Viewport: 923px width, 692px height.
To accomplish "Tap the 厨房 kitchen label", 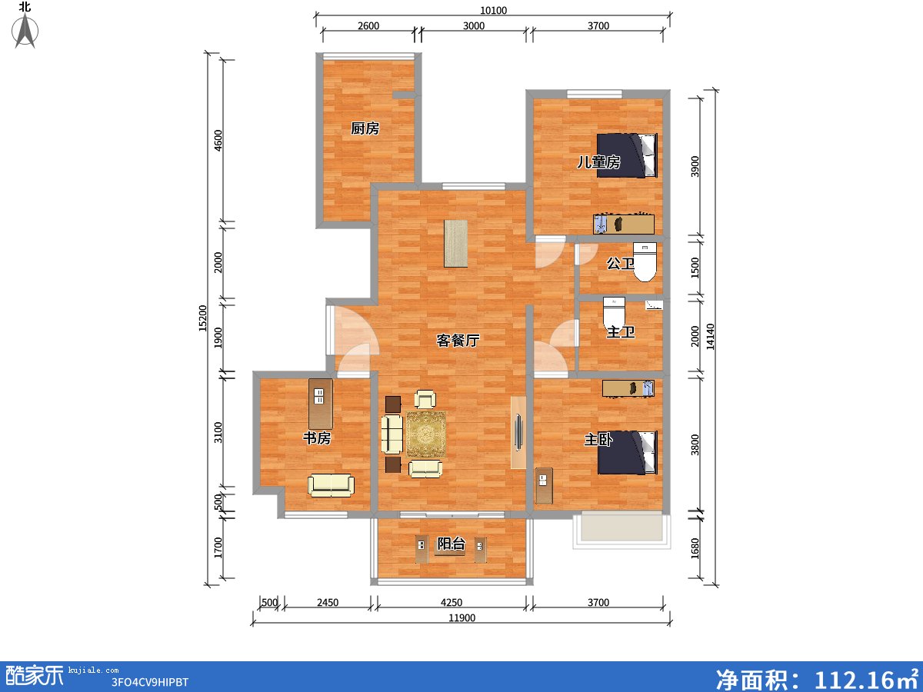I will point(365,128).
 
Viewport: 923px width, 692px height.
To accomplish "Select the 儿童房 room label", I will point(599,162).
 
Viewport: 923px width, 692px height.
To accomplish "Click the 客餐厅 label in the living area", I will point(458,340).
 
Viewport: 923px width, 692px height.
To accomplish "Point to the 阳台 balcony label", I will point(451,544).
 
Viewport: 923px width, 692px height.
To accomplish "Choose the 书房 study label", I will point(317,437).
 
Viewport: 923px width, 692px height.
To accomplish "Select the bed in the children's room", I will point(628,155).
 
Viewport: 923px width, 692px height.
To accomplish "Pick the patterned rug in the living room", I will point(425,434).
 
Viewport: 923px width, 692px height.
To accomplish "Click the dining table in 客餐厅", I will point(455,243).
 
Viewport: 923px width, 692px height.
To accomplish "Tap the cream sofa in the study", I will point(331,484).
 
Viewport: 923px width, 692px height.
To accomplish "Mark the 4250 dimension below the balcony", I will point(452,603).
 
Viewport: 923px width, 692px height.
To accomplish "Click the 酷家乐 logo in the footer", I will point(35,675).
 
